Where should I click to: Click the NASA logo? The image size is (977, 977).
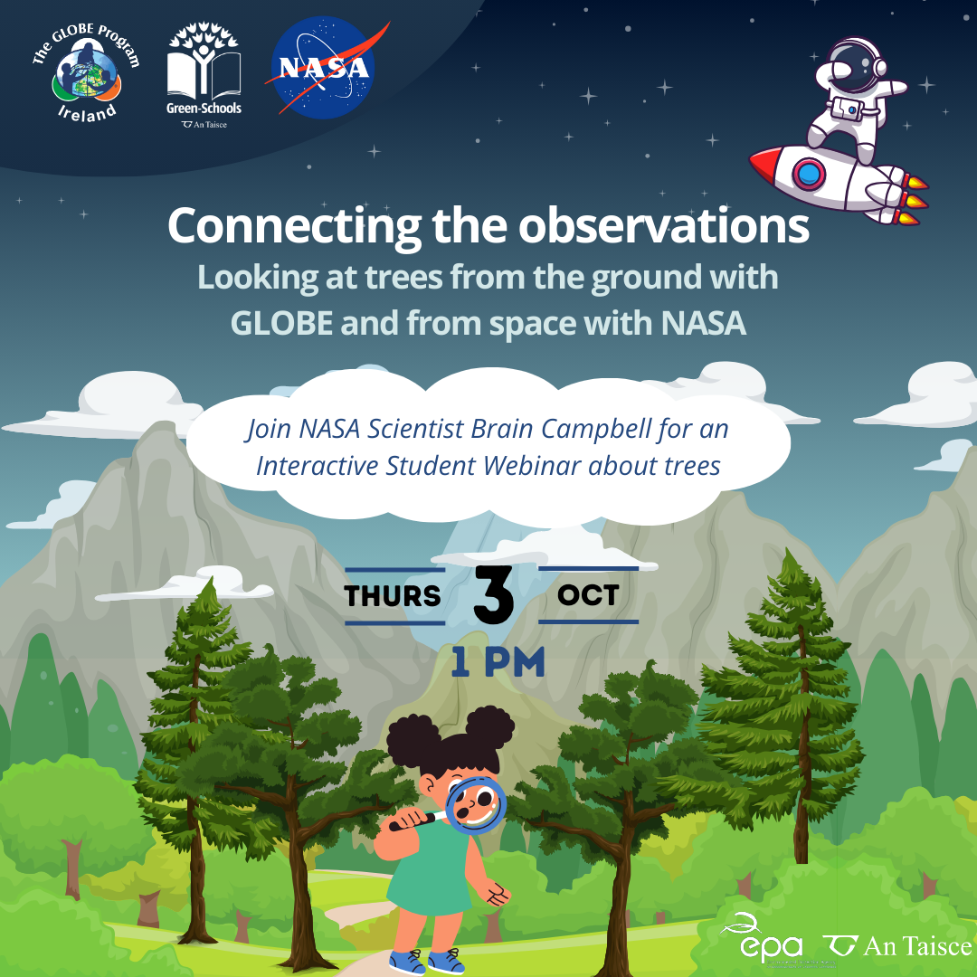point(324,67)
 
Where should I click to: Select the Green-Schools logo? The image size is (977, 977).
point(204,75)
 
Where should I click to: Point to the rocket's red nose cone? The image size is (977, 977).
point(764,164)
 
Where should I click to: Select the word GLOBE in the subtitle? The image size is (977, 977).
point(281,323)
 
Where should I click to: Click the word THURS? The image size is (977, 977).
point(393,595)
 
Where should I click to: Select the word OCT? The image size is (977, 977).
point(588,595)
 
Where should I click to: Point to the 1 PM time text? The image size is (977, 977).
point(498,661)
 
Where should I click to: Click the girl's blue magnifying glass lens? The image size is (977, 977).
point(478,805)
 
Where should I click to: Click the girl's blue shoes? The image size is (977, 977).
point(427,962)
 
